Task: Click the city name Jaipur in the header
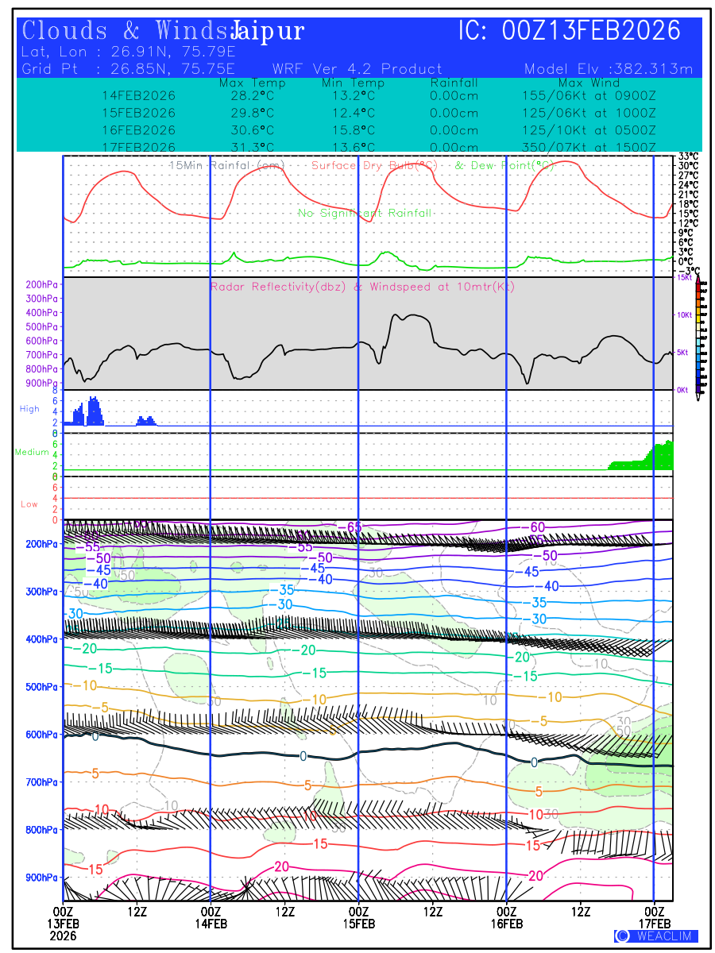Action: click(268, 32)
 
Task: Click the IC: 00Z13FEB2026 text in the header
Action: click(570, 31)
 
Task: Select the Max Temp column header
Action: click(253, 83)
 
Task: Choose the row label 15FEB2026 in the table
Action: click(139, 113)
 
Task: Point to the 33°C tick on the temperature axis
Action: click(688, 156)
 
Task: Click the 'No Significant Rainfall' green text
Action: click(365, 213)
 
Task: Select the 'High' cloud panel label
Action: click(29, 409)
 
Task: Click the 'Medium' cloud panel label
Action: click(32, 452)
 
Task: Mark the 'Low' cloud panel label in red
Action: click(29, 504)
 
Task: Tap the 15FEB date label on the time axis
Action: click(358, 924)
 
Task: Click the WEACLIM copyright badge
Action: click(656, 936)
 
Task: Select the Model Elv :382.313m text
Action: click(609, 69)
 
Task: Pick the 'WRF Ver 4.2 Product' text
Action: click(357, 69)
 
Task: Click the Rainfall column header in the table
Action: click(454, 83)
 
